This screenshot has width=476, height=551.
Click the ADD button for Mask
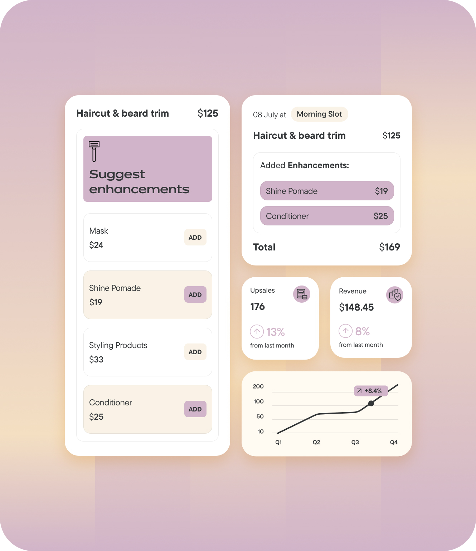195,237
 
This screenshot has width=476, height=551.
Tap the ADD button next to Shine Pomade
195,294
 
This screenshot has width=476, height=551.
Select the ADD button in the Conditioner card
195,409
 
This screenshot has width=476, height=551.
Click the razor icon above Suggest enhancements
94,151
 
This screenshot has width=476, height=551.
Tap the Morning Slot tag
319,114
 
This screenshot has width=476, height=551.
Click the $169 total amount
389,247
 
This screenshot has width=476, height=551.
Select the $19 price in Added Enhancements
381,191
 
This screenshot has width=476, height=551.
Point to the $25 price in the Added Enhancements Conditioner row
380,216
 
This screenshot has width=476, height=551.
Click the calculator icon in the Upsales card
302,294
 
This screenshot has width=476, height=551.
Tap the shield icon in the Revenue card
395,295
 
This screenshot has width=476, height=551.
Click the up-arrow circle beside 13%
257,332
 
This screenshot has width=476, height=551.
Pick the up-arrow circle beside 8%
346,331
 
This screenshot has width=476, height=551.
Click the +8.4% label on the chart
371,391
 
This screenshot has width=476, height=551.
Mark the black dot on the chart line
371,403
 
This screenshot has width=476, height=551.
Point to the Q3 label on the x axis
355,442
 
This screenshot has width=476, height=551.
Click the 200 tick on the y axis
258,386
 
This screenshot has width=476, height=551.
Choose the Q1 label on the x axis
278,442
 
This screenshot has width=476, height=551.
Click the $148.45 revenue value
356,307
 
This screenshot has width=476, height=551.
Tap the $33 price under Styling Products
96,360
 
